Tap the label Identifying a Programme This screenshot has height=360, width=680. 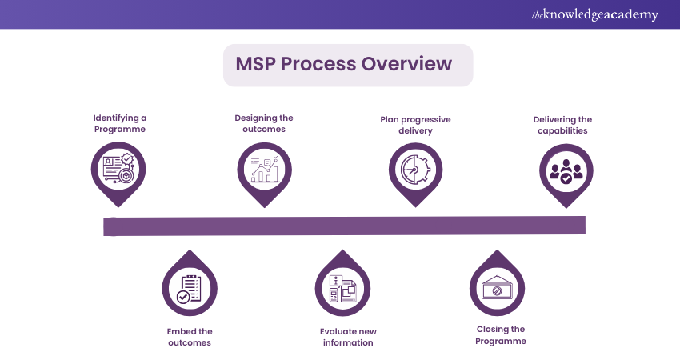click(119, 123)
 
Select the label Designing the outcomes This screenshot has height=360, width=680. click(265, 123)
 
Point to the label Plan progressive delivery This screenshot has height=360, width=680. click(414, 125)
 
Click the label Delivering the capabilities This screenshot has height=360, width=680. click(563, 125)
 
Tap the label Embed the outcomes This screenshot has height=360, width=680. click(190, 337)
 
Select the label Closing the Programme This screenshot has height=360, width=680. click(501, 334)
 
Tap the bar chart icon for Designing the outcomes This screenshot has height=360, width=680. click(265, 169)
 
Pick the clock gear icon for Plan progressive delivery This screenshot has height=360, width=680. click(415, 169)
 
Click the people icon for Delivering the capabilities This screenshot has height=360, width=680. click(566, 169)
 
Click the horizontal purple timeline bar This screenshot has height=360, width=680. click(344, 226)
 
